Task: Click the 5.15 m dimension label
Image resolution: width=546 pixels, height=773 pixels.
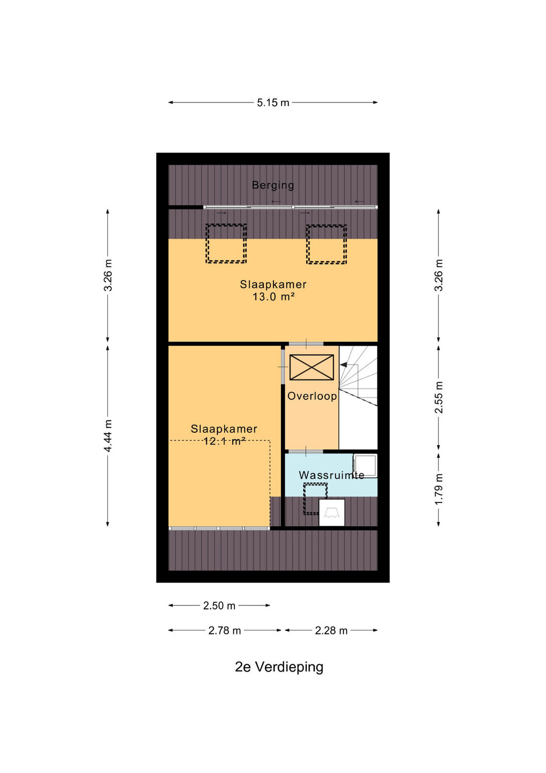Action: click(272, 103)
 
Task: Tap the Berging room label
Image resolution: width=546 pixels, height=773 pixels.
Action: click(272, 185)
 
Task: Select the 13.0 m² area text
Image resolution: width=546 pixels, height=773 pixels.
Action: click(274, 296)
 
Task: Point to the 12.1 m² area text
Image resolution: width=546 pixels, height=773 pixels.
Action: click(224, 441)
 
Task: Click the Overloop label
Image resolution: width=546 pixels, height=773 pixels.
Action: click(312, 396)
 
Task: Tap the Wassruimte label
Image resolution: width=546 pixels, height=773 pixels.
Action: click(331, 475)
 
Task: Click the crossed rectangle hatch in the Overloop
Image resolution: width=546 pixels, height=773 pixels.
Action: click(312, 368)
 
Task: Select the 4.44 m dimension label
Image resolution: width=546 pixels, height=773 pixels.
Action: click(108, 436)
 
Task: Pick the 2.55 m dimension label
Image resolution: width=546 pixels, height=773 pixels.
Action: click(438, 397)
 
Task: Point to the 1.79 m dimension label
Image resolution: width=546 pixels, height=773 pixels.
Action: click(438, 490)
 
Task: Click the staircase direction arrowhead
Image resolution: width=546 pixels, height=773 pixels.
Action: click(343, 364)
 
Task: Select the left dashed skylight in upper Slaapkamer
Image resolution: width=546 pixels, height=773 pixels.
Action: click(226, 244)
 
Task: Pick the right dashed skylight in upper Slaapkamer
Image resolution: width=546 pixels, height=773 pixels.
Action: click(327, 244)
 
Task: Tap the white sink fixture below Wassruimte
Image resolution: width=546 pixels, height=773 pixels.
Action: click(331, 513)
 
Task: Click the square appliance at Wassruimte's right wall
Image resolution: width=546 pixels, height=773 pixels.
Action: click(365, 466)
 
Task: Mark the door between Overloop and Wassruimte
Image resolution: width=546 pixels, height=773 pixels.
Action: click(306, 451)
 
